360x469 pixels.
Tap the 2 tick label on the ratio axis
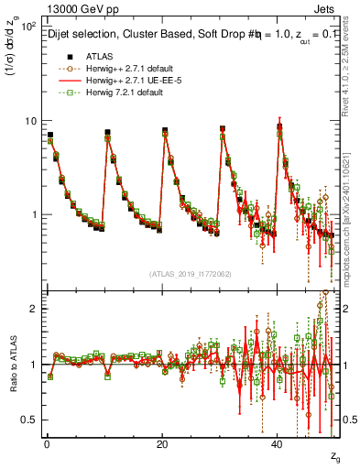(x=31, y=309)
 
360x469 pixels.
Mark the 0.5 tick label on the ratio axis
(x=28, y=420)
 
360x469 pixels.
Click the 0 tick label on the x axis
(x=46, y=443)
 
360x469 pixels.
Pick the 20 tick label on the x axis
(x=162, y=443)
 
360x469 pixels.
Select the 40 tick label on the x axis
(x=278, y=443)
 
